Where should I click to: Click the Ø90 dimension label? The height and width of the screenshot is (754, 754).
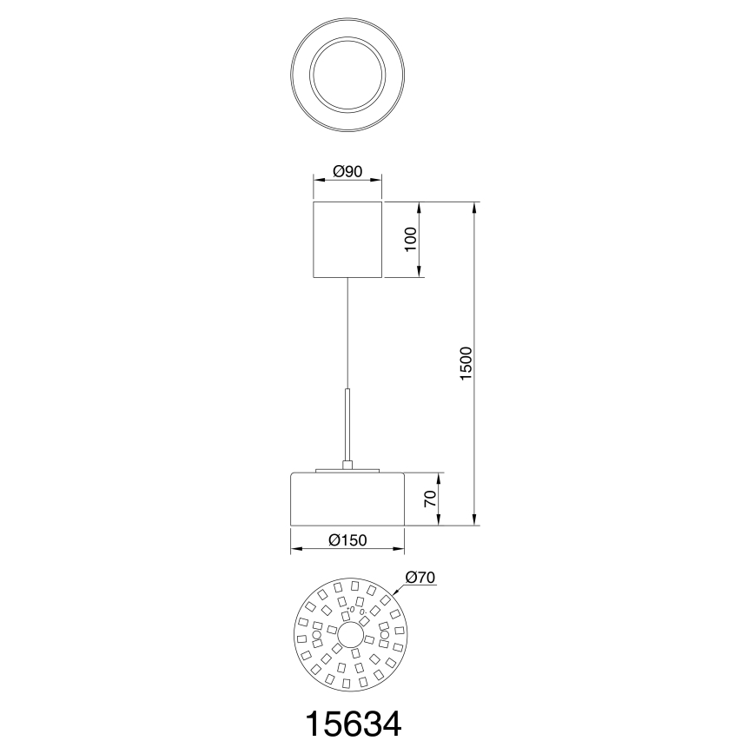[347, 172]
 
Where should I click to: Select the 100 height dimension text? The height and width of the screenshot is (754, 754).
[411, 241]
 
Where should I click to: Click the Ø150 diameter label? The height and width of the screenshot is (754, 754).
[347, 540]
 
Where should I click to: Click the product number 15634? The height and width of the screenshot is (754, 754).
[352, 724]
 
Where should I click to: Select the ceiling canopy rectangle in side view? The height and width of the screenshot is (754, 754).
[347, 240]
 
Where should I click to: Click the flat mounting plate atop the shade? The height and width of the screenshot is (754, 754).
[347, 472]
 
